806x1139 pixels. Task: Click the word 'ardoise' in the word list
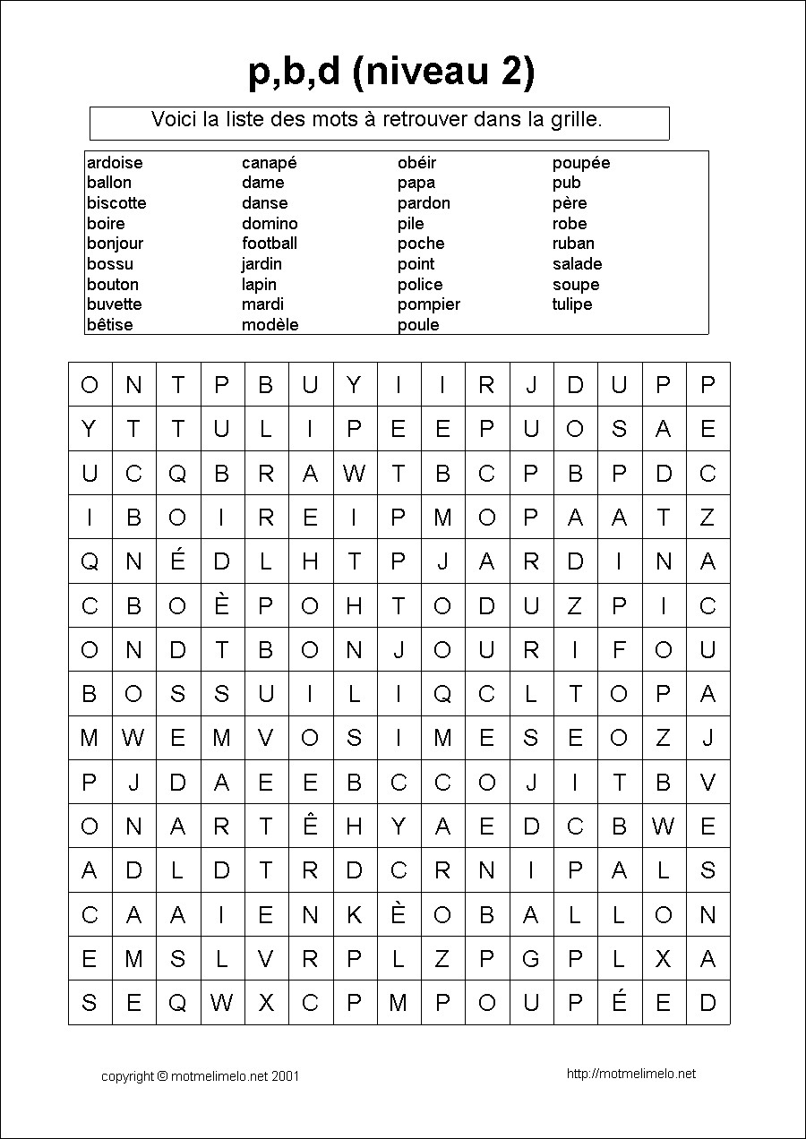pos(115,163)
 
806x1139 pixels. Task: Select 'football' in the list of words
pos(270,244)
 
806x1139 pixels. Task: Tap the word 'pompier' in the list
pos(429,304)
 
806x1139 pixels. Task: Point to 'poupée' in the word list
pos(581,163)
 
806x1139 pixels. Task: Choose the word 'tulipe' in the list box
pos(572,304)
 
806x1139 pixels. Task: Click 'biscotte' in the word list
pos(116,203)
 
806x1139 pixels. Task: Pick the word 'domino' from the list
pos(270,224)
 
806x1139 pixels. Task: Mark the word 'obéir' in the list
pos(416,163)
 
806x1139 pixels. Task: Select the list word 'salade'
pos(577,264)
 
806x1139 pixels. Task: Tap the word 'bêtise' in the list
pos(109,325)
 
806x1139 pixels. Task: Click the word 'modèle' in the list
pos(270,325)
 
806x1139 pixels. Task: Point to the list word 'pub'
pos(567,183)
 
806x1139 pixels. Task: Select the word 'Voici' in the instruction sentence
pos(176,119)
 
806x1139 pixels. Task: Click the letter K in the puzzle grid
pos(354,916)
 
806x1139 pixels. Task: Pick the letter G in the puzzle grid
pos(531,960)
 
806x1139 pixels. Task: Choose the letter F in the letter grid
pos(619,650)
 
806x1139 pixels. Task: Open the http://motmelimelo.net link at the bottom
pos(631,1075)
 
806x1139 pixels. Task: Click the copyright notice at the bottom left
pos(200,1076)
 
